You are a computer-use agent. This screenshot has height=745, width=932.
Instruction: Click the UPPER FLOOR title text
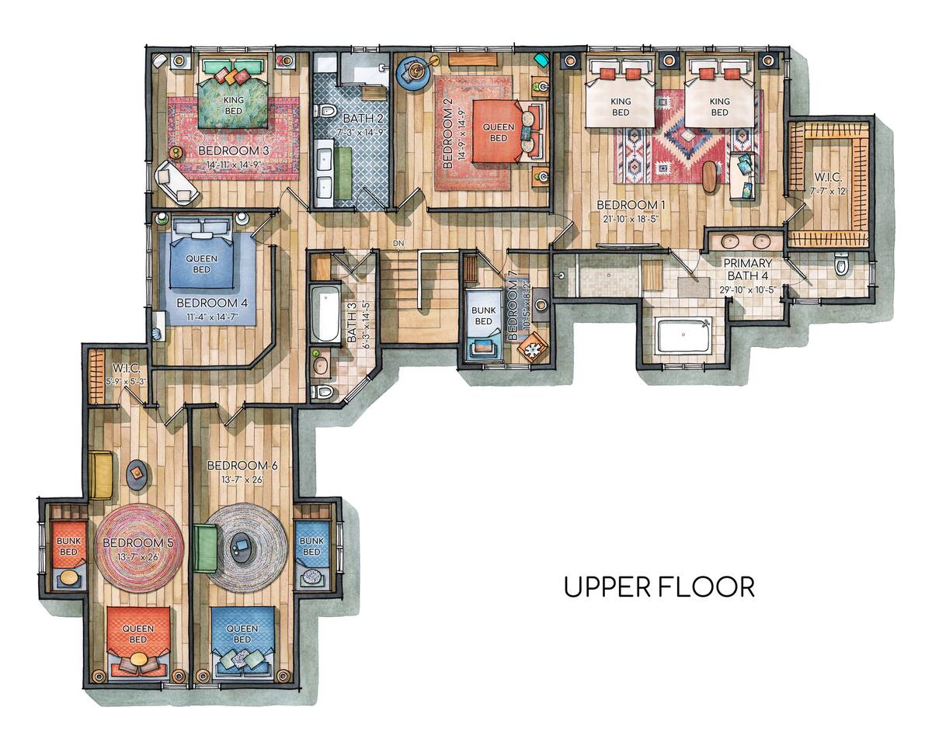pyautogui.click(x=659, y=587)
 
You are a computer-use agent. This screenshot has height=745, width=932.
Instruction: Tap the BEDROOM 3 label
pyautogui.click(x=234, y=151)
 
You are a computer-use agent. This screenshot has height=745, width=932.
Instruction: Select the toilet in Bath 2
pyautogui.click(x=326, y=112)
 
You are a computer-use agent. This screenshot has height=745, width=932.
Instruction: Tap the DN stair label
pyautogui.click(x=398, y=244)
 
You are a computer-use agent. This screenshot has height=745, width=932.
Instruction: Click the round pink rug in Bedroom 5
pyautogui.click(x=140, y=548)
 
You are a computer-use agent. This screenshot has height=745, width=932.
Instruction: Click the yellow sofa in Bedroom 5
pyautogui.click(x=101, y=475)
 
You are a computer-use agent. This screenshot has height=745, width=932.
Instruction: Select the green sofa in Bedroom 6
pyautogui.click(x=204, y=549)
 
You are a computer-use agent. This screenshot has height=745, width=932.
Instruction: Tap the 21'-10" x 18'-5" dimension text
pyautogui.click(x=630, y=219)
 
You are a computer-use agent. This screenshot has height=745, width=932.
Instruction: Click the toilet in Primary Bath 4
pyautogui.click(x=840, y=265)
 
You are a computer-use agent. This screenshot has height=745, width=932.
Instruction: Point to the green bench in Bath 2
pyautogui.click(x=343, y=174)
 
